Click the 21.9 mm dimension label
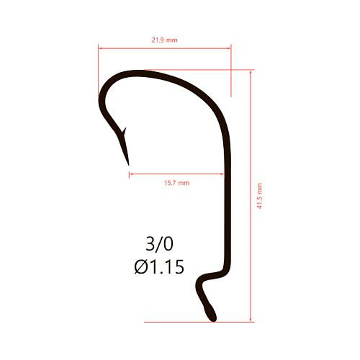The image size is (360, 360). (x=164, y=40)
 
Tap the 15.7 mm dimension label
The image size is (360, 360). (x=177, y=183)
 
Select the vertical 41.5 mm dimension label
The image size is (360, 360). (x=259, y=196)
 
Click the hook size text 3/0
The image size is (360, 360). (x=159, y=244)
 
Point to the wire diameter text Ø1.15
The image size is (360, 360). (x=159, y=266)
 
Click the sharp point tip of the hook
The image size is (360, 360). (x=129, y=165)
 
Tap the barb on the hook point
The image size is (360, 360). (x=124, y=131)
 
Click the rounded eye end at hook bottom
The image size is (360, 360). (x=210, y=312)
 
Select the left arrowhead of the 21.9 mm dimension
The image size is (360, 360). (x=100, y=48)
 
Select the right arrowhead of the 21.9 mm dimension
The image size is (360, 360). (x=229, y=48)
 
